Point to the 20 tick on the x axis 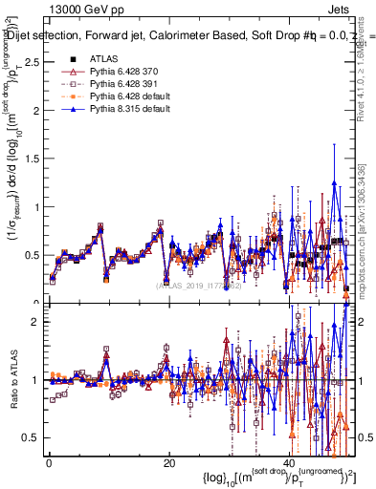pos(169,461)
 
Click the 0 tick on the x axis pos(49,461)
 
